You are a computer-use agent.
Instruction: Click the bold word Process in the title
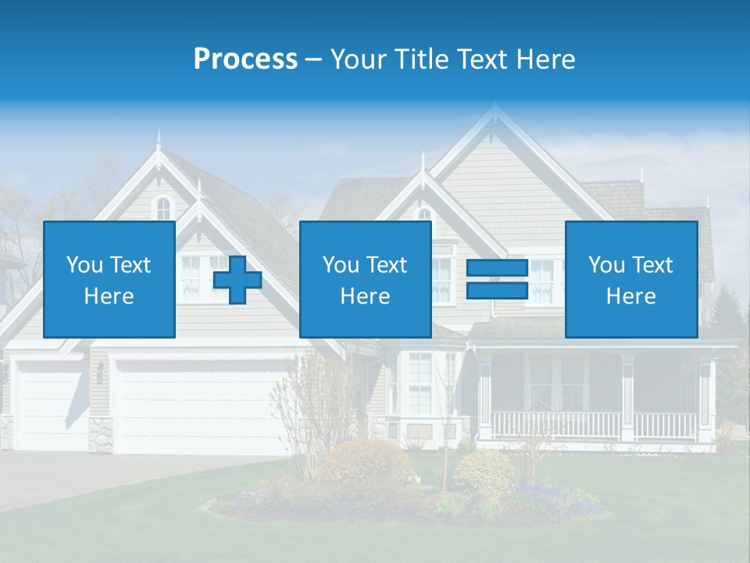tap(245, 59)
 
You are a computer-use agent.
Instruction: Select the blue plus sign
tap(237, 280)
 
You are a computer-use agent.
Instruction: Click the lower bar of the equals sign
tap(498, 291)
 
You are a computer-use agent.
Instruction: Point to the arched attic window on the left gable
tap(162, 208)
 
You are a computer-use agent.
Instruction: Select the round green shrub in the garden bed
tap(484, 472)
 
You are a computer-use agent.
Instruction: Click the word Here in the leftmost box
tap(109, 296)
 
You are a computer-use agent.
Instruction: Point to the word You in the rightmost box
tap(606, 265)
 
